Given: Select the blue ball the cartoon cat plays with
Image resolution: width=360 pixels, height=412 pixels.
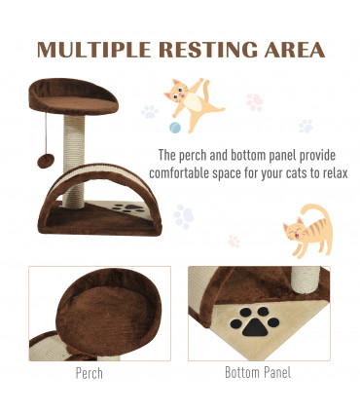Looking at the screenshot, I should tap(175, 128).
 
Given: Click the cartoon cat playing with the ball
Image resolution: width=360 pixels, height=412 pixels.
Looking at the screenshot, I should tap(193, 101).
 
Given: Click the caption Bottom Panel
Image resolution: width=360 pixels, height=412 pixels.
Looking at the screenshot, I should tap(257, 371).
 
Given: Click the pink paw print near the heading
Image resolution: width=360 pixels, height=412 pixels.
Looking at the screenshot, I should tap(255, 100).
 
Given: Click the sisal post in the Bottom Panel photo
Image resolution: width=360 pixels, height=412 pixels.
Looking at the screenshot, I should tap(306, 280).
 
